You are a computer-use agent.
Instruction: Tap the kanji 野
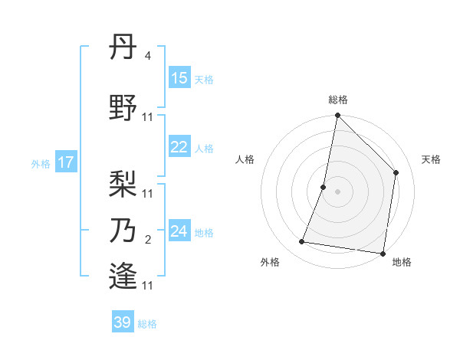pos(124,108)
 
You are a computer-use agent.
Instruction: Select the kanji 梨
pos(124,184)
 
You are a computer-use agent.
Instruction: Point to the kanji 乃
pos(124,230)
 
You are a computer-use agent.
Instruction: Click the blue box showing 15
pos(179,78)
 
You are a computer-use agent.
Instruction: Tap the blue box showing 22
pos(179,147)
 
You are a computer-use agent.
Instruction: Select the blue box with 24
pos(179,231)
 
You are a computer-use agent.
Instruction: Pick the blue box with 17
pos(65,162)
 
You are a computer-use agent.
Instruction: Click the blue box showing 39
pos(123,322)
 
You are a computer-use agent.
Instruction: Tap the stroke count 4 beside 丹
pos(147,56)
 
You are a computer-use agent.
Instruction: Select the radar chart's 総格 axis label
pos(337,100)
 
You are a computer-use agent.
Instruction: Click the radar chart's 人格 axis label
pos(245,159)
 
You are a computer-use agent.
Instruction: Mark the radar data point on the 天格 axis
pos(396,172)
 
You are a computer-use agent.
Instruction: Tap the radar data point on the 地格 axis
pos(383,253)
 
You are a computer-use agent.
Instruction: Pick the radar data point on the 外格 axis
pos(302,242)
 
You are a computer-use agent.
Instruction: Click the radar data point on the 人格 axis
pos(324,187)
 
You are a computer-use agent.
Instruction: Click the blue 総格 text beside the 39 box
pos(147,324)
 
